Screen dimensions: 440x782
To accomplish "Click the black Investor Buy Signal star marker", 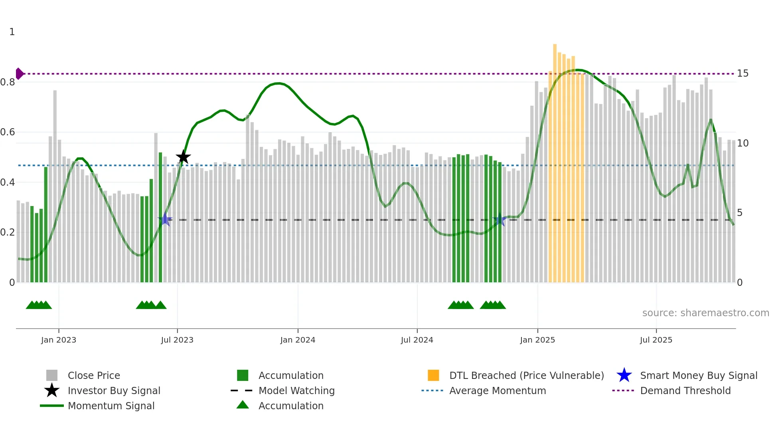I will click(183, 157).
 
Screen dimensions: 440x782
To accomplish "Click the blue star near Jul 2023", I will click(165, 219).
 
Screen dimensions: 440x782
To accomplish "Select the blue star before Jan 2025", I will click(499, 219).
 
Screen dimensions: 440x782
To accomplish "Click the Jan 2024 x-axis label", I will click(298, 340).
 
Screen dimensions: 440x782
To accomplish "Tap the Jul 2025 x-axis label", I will click(656, 340).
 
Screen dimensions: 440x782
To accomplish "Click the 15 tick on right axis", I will click(743, 73).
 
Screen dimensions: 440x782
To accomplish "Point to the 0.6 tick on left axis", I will click(8, 132).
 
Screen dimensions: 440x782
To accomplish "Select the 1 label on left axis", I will click(12, 32).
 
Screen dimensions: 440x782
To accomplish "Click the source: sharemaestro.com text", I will click(705, 313).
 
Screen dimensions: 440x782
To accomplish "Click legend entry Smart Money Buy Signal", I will click(698, 375).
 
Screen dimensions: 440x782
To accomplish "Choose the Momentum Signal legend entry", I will click(111, 406).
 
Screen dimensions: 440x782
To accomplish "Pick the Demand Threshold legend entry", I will click(685, 390).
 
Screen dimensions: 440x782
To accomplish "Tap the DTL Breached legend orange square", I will click(433, 375).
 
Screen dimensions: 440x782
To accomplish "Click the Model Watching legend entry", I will click(296, 390).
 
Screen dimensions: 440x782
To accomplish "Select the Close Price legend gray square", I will click(52, 375).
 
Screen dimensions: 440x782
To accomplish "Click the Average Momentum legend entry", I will click(497, 390).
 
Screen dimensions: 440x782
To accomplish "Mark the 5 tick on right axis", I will click(740, 213).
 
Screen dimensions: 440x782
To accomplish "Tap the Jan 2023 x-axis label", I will click(59, 340).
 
